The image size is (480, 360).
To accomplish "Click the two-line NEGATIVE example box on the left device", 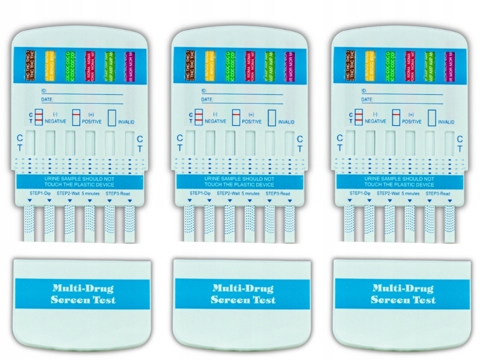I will (38, 116).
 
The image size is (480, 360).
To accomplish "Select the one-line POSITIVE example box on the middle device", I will (235, 116).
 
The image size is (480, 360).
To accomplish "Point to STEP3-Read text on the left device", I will (119, 194).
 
